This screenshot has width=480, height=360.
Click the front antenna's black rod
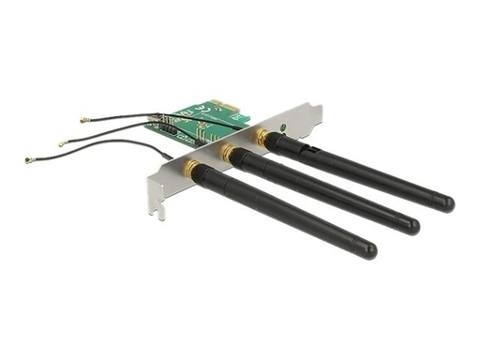click(x=281, y=212)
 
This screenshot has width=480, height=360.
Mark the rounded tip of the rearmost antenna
click(x=446, y=202)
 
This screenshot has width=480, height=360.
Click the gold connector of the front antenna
click(x=193, y=169)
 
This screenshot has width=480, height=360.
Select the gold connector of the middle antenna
click(x=228, y=151)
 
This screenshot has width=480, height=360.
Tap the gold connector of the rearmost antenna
click(x=262, y=137)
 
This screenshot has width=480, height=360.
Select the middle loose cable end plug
click(x=63, y=143)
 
